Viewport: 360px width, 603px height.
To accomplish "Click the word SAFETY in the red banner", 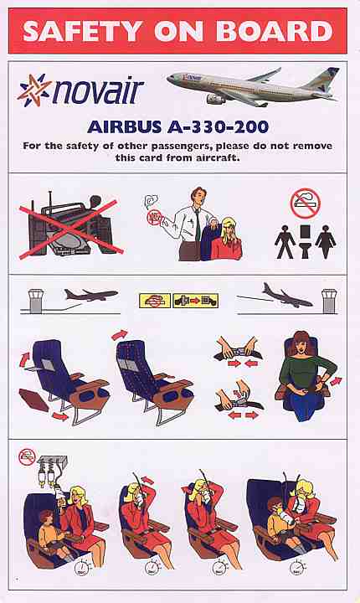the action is (x=82, y=31).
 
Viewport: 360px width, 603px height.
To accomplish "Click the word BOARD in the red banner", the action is (x=275, y=31).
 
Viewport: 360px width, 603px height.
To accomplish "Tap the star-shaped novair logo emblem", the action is (x=33, y=90).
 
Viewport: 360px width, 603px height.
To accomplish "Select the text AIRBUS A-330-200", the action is (x=177, y=127).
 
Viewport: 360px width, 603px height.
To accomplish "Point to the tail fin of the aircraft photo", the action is (x=322, y=80).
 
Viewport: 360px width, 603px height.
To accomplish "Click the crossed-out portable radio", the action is (x=71, y=227).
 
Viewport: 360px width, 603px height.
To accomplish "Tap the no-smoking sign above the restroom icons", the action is (x=306, y=204).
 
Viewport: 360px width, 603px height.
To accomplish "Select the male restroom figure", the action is (x=285, y=241).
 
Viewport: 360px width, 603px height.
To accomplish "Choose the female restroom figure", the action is (x=326, y=241).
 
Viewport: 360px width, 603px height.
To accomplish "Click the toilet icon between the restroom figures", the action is (x=305, y=241).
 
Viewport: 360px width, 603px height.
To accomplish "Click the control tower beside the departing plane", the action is (x=36, y=301).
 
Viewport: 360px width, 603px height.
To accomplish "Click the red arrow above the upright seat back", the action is (x=119, y=334).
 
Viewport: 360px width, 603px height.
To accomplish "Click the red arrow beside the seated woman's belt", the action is (x=336, y=382).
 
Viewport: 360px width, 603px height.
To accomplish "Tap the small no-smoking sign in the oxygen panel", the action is (x=28, y=457).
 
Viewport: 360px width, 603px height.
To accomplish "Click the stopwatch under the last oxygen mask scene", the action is (x=297, y=568).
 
